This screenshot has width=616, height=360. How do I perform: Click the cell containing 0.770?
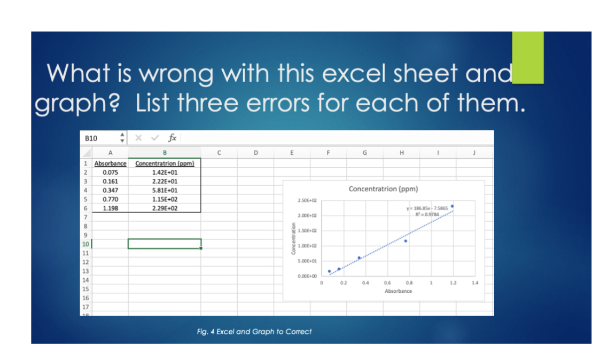[111, 199]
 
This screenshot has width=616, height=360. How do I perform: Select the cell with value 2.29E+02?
[165, 208]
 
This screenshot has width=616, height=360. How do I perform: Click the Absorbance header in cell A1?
[111, 163]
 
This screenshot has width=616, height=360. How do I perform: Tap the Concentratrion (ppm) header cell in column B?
[165, 163]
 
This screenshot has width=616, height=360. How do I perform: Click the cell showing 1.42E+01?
[165, 173]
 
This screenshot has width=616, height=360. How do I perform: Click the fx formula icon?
[173, 138]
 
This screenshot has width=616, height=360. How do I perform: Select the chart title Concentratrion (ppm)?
[383, 189]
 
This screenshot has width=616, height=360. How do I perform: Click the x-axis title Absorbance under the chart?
[398, 291]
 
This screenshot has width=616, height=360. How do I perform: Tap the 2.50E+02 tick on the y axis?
[307, 200]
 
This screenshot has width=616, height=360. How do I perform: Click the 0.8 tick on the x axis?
[409, 282]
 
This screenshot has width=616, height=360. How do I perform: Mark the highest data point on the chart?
[452, 206]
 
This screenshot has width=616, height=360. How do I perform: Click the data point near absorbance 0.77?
[406, 241]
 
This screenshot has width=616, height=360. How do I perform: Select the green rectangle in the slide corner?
[527, 57]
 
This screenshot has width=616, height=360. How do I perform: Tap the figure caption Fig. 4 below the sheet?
[254, 332]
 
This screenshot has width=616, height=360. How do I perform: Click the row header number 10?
[85, 244]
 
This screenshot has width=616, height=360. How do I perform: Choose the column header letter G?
[364, 153]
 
